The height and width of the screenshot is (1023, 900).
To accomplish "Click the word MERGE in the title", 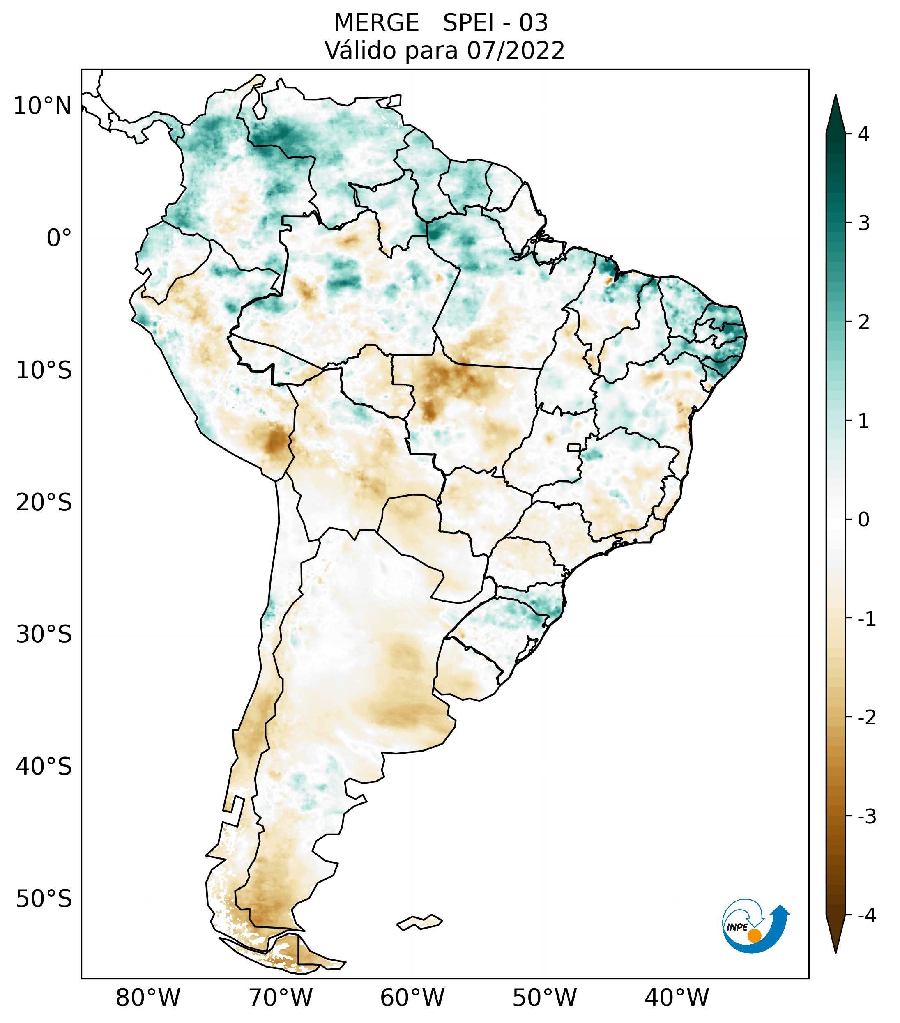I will coord(376,23).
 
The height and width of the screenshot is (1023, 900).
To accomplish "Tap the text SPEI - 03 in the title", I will coord(495,23).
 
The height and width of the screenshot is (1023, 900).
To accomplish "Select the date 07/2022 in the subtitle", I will coord(516,51).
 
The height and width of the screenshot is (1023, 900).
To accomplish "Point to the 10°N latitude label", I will coord(43,106).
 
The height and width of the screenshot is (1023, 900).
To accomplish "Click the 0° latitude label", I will coord(59,238).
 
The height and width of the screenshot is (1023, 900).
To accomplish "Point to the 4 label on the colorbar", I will coord(863,134).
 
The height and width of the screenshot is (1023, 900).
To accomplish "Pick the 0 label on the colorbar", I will coord(863,520).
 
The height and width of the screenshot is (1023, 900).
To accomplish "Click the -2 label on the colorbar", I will coord(866,718).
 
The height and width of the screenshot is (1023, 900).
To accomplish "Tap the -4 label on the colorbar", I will coord(866,915).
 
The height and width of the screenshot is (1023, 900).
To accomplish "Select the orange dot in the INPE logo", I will coord(754,936).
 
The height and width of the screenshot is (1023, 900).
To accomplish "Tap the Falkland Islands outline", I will coord(419,922).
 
